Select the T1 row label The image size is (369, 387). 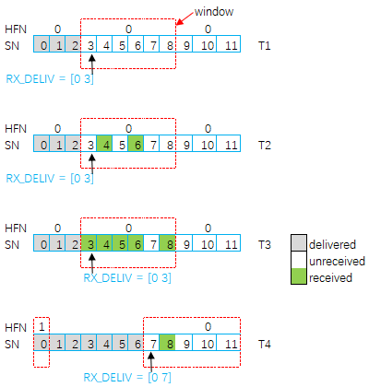(267, 42)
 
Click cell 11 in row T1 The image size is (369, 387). (229, 42)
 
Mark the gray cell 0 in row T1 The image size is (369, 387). (42, 42)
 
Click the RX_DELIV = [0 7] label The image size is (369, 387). (114, 377)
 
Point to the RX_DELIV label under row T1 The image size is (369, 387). (62, 79)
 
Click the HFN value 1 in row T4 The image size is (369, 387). (42, 327)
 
